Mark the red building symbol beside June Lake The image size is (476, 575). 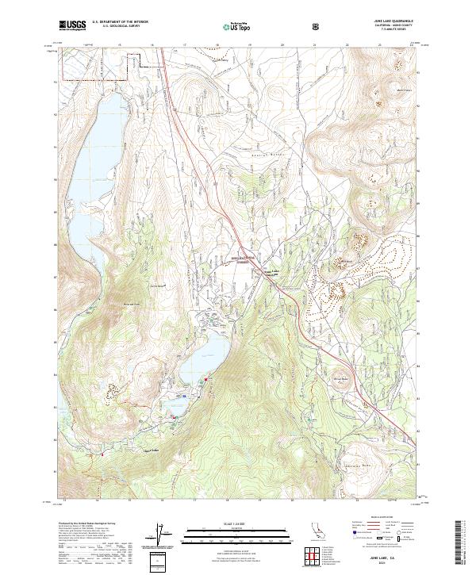(206, 380)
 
